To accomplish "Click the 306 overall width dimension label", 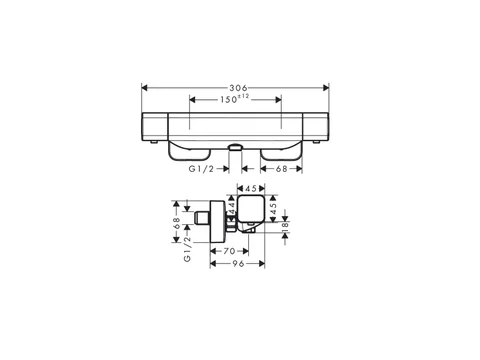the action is [x=238, y=88].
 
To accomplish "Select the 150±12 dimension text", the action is [x=235, y=99].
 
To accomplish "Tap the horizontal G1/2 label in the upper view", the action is [x=201, y=169].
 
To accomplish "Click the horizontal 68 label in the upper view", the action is [x=281, y=169].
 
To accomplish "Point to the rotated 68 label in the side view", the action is [x=177, y=223].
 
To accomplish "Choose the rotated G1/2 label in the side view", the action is [x=187, y=249].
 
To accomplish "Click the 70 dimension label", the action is [x=229, y=251].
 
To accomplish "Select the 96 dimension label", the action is [x=238, y=264].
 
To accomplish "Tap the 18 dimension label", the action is [x=285, y=227].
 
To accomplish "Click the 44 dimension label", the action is [x=232, y=202].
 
